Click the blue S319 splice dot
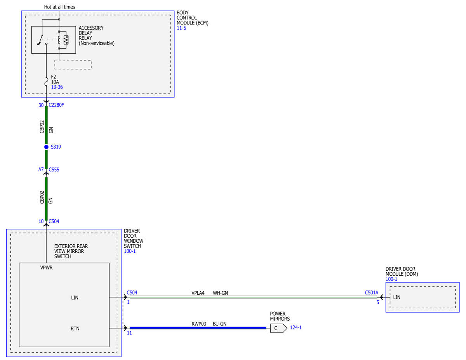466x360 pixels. point(46,147)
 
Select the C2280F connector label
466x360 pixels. point(56,105)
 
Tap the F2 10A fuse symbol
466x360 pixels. point(46,82)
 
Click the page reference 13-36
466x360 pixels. point(57,87)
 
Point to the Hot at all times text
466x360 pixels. point(59,7)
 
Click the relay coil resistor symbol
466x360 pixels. point(66,40)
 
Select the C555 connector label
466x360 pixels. point(54,170)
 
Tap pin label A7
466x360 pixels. point(41,170)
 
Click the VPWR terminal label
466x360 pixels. point(46,268)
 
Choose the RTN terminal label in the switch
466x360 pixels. point(75,329)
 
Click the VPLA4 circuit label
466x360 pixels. point(198,293)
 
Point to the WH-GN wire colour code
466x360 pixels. point(220,293)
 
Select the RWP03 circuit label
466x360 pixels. point(199,324)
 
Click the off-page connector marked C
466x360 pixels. point(278,328)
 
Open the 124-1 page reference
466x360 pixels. point(296,328)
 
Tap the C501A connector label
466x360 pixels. point(372,293)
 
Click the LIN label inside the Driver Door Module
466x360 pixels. point(397,297)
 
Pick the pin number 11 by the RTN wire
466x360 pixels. point(129,333)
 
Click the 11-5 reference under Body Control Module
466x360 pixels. point(181,28)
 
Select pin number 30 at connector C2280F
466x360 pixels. point(41,105)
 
